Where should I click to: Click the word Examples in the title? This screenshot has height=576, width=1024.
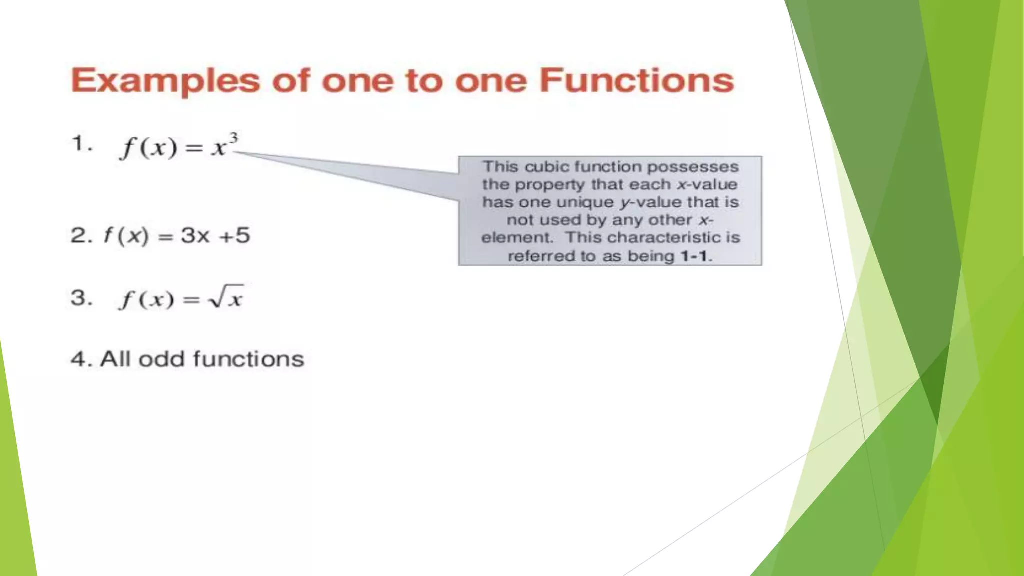(165, 81)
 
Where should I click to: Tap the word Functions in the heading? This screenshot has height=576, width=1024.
(636, 80)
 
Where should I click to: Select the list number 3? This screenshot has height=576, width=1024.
(80, 298)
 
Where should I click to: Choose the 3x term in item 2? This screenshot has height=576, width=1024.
(195, 235)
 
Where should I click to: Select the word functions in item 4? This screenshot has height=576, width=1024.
(248, 359)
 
